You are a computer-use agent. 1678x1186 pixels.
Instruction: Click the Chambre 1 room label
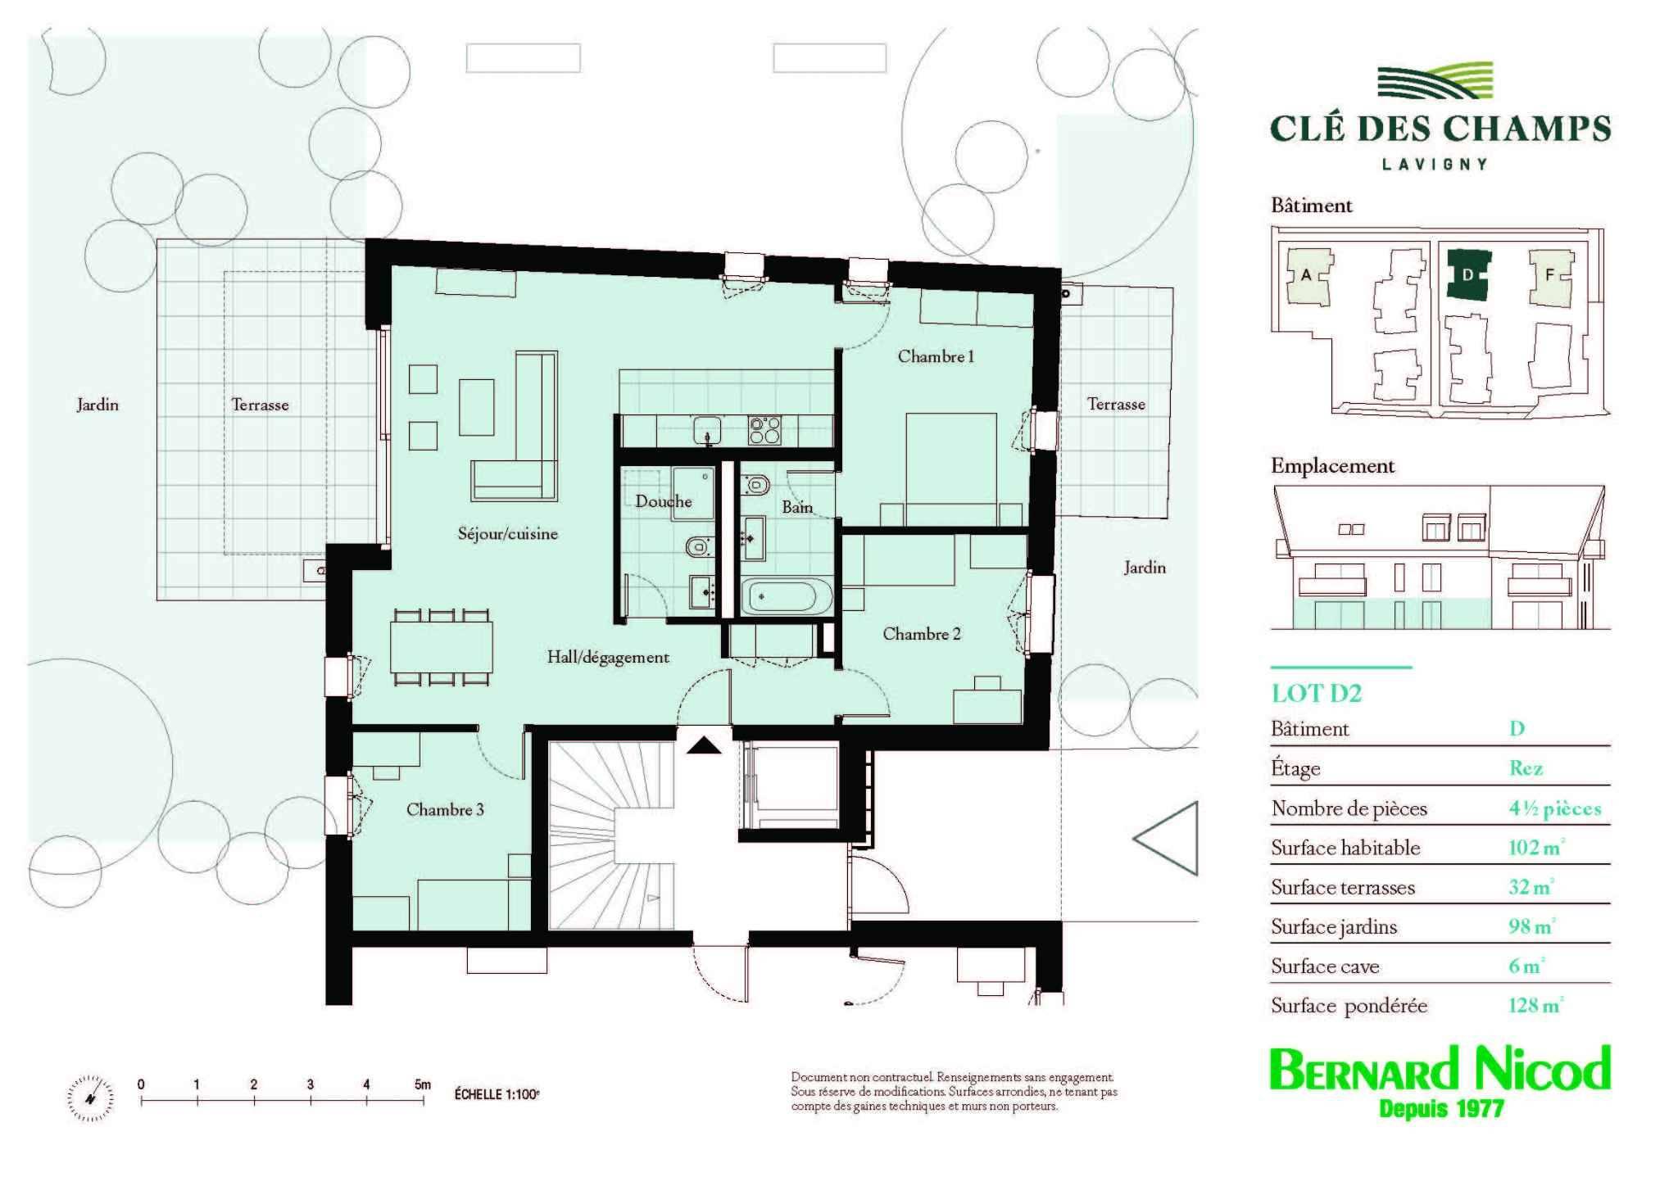[936, 356]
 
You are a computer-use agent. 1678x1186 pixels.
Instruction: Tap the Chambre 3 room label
[445, 810]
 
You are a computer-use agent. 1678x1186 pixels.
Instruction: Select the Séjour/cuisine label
[507, 534]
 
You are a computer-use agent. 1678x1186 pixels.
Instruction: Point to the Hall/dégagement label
[608, 657]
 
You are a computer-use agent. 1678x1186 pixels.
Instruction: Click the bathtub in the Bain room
[786, 595]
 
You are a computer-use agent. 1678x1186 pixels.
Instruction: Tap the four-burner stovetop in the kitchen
[764, 429]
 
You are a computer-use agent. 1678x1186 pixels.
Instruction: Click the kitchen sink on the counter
[707, 429]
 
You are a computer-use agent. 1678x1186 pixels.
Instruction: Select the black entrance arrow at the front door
[703, 745]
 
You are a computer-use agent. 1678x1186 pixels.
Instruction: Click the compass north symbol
[90, 1098]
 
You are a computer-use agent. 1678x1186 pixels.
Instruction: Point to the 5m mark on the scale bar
[422, 1084]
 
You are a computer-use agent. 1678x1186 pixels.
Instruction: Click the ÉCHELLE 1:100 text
[497, 1094]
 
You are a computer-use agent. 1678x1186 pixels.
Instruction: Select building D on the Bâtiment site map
[1468, 276]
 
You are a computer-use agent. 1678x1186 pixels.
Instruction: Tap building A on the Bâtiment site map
[1306, 276]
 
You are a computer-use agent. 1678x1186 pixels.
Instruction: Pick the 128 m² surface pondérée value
[1535, 1005]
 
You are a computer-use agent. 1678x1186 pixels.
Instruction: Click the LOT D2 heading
[1316, 694]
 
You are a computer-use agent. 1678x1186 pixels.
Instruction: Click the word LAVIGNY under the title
[1435, 164]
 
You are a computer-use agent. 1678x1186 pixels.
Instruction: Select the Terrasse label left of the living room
[260, 405]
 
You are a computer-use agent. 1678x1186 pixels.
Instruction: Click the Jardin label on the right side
[1145, 568]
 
